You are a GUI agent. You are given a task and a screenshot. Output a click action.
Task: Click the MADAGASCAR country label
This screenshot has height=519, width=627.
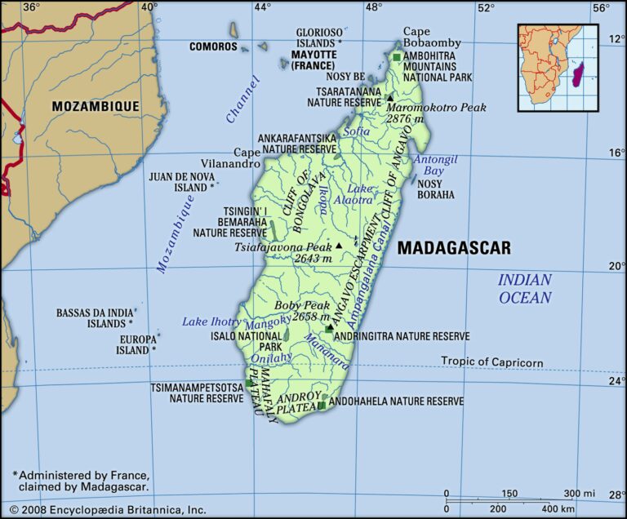(454, 248)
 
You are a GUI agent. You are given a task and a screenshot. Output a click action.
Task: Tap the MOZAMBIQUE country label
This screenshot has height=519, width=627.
(96, 106)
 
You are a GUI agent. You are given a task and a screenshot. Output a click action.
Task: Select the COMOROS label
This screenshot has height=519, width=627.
(213, 47)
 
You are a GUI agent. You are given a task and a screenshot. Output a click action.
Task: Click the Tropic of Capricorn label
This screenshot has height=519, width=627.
(491, 362)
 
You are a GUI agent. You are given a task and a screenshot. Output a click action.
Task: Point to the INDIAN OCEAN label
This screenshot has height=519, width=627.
(525, 289)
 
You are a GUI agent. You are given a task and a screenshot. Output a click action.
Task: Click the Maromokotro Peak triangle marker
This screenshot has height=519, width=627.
(390, 98)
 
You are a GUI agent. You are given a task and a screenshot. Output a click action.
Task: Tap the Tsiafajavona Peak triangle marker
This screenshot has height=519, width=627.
(339, 245)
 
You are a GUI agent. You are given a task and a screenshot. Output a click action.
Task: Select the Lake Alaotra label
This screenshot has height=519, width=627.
(360, 193)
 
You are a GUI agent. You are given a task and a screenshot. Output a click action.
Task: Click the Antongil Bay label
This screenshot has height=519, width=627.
(429, 166)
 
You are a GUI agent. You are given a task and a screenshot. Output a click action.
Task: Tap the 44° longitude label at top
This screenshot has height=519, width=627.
(261, 7)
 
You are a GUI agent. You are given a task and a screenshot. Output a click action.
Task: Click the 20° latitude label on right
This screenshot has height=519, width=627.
(616, 266)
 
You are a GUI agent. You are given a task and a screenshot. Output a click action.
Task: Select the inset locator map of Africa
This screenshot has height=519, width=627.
(558, 67)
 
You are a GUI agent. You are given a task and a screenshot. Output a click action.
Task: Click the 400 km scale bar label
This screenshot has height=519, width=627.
(559, 509)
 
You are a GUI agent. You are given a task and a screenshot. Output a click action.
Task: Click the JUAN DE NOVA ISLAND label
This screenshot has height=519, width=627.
(181, 181)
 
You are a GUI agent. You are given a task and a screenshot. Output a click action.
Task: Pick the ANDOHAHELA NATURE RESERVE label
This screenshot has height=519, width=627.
(398, 401)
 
